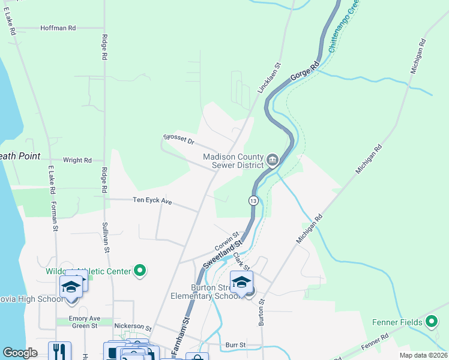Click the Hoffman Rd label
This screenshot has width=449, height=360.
[58, 28]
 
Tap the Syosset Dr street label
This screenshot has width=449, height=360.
[179, 140]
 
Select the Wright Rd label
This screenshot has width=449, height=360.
[77, 160]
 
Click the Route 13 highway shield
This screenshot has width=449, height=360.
[254, 200]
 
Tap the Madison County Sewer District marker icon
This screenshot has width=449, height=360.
[273, 160]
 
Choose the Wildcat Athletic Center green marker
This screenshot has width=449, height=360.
[140, 271]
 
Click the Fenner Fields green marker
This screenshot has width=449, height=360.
[432, 322]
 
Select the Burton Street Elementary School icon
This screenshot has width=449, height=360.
[241, 282]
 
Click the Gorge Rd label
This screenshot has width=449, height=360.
[304, 71]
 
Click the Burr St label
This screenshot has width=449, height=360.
[235, 345]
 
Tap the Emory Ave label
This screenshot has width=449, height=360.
[84, 318]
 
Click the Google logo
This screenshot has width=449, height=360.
[20, 353]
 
